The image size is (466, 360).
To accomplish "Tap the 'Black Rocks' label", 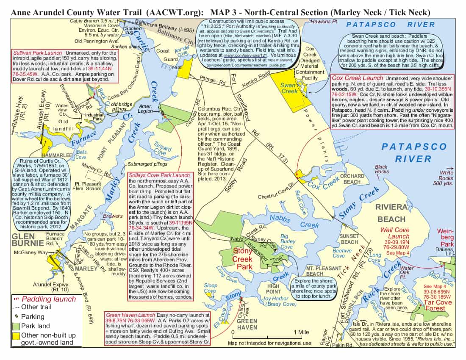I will (381, 169).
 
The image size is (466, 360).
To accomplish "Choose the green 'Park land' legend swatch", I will (16, 326).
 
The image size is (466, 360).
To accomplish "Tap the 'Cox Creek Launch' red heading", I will (358, 78).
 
